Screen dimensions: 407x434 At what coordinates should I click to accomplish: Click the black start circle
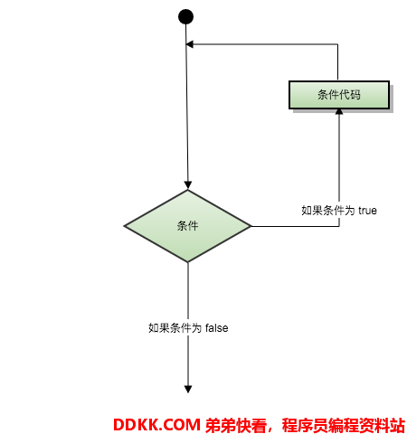click(185, 16)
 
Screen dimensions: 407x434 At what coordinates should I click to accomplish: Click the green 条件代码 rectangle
click(339, 95)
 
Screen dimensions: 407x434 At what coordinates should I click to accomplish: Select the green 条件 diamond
click(187, 226)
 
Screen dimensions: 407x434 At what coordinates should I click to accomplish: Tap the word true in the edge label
click(367, 211)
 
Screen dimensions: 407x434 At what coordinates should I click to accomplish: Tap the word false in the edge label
click(217, 328)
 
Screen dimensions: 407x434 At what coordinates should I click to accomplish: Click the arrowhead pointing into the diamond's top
click(188, 185)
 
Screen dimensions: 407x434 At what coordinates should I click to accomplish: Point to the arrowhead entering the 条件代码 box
click(339, 112)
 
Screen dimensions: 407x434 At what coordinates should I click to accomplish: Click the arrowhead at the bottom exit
click(188, 390)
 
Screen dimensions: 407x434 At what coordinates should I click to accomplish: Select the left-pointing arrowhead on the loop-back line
click(190, 44)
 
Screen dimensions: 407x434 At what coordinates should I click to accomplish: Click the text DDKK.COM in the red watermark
click(156, 425)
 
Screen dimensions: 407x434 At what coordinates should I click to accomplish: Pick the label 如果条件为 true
click(339, 211)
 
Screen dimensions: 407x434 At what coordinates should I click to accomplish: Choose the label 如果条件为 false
click(188, 328)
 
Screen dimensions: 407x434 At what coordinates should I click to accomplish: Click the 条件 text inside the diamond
click(187, 226)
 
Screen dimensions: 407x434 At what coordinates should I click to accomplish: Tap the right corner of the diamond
click(251, 226)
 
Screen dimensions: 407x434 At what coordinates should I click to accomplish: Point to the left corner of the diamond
click(124, 226)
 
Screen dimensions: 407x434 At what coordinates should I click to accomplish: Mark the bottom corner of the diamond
click(188, 262)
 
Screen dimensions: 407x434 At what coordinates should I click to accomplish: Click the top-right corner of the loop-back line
click(337, 44)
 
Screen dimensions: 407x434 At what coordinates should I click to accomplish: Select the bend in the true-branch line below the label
click(339, 226)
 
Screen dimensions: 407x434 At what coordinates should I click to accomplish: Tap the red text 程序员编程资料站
click(344, 425)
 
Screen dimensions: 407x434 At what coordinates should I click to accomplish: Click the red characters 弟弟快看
click(236, 425)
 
